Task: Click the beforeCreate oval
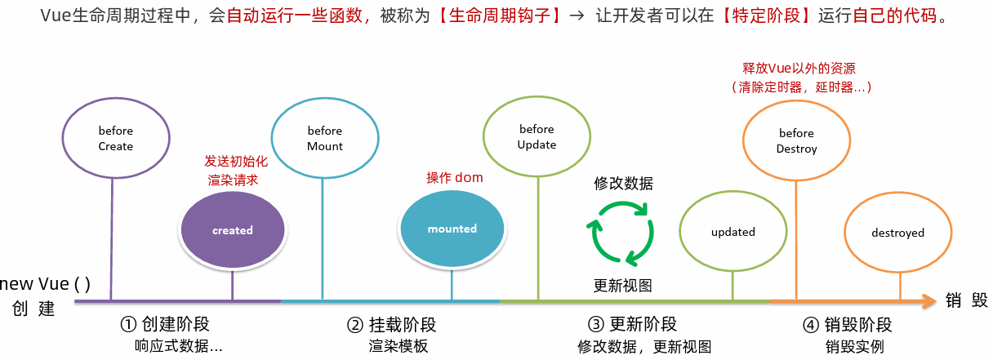(115, 138)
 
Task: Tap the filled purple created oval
(233, 230)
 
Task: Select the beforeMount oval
(324, 138)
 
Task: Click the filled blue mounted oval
(452, 229)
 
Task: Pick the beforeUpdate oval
(537, 136)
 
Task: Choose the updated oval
(733, 232)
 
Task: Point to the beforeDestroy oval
(796, 140)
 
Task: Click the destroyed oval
(897, 233)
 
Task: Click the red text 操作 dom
(455, 177)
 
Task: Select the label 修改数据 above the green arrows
(623, 183)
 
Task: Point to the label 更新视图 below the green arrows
(622, 285)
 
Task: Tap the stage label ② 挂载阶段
(391, 324)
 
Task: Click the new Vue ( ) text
(46, 284)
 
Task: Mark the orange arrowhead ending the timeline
(928, 301)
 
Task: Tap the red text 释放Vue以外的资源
(799, 69)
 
